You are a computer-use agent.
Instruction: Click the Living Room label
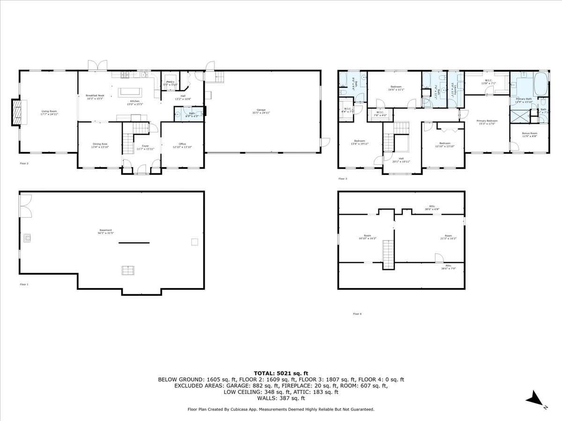tap(49, 112)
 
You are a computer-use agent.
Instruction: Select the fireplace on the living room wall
tap(17, 113)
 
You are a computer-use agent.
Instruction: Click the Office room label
tap(182, 145)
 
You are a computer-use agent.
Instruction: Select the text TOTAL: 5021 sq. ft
tap(281, 373)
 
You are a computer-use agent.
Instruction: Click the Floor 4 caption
tap(357, 314)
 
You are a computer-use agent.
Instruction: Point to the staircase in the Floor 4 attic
tap(388, 254)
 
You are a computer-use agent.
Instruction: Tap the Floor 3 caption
tap(343, 179)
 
